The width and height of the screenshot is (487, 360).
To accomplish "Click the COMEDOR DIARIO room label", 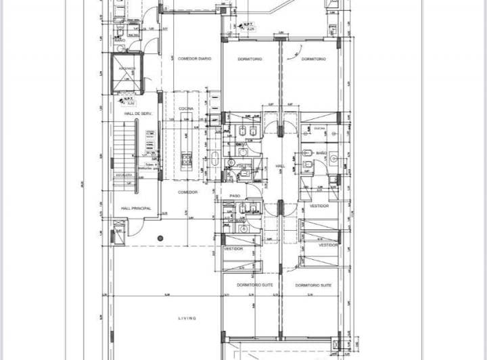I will click(194, 59).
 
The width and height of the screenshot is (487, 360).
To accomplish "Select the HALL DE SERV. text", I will click(136, 114).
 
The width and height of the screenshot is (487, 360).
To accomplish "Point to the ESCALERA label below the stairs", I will click(123, 175).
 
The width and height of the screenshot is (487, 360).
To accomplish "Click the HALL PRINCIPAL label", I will click(136, 208).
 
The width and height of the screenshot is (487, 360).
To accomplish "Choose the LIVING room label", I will click(187, 318).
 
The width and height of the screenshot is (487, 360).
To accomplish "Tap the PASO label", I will click(235, 196).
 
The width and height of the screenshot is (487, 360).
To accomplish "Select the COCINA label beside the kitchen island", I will click(187, 108).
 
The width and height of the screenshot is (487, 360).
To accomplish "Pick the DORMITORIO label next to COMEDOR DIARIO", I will click(250, 59).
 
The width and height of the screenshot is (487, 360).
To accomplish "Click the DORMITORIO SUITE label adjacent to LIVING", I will click(255, 286).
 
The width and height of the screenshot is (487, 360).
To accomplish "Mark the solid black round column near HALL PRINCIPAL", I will click(160, 238).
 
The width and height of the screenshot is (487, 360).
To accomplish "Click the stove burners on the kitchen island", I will click(187, 160).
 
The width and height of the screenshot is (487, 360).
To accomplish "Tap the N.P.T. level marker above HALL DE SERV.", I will click(126, 101).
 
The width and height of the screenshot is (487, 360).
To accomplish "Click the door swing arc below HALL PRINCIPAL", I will click(136, 229).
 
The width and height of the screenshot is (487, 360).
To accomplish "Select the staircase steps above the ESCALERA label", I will click(122, 145).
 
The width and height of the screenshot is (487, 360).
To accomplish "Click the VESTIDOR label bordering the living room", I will click(233, 249).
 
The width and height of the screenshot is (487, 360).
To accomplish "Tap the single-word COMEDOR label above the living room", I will click(187, 192).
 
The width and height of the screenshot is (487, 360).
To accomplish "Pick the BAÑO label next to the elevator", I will click(120, 41).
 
